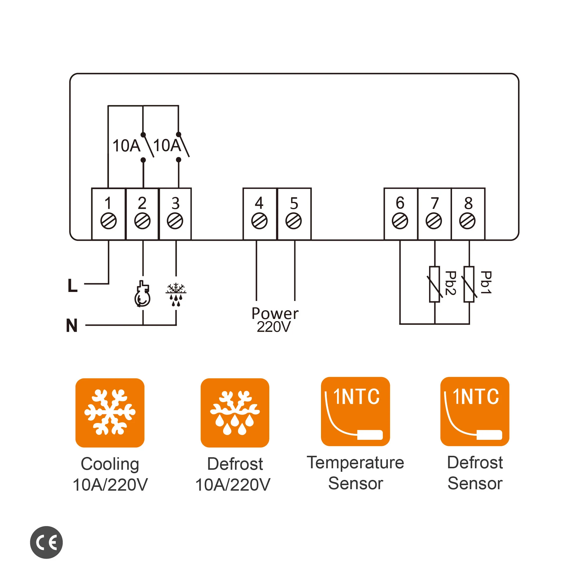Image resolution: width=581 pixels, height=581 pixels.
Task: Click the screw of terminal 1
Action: [108, 221]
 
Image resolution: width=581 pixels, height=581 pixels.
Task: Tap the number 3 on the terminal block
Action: [176, 203]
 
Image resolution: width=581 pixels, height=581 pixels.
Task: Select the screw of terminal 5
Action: [293, 221]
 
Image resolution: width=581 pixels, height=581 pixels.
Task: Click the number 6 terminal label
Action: [400, 203]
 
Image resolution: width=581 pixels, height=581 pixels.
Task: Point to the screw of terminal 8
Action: [467, 221]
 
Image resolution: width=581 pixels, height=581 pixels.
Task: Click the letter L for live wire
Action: [72, 286]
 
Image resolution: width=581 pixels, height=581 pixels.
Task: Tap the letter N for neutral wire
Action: [72, 326]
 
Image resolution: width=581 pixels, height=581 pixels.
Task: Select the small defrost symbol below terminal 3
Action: [176, 294]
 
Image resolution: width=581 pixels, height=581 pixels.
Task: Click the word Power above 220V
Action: [275, 314]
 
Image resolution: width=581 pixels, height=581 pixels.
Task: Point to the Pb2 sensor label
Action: [450, 283]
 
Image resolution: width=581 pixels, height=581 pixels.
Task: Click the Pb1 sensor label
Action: [486, 282]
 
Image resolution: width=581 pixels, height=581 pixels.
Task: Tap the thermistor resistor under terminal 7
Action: [435, 284]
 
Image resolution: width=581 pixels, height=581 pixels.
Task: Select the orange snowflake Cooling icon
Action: [110, 413]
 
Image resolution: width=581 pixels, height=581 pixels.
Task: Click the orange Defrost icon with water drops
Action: [235, 413]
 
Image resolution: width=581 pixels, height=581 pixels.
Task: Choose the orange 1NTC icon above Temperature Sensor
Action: [356, 411]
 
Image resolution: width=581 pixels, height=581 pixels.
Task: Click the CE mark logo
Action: [46, 542]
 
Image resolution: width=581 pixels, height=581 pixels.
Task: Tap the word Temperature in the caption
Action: [356, 462]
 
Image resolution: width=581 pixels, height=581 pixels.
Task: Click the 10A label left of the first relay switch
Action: [126, 146]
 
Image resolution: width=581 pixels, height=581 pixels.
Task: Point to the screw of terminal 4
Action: [259, 221]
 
